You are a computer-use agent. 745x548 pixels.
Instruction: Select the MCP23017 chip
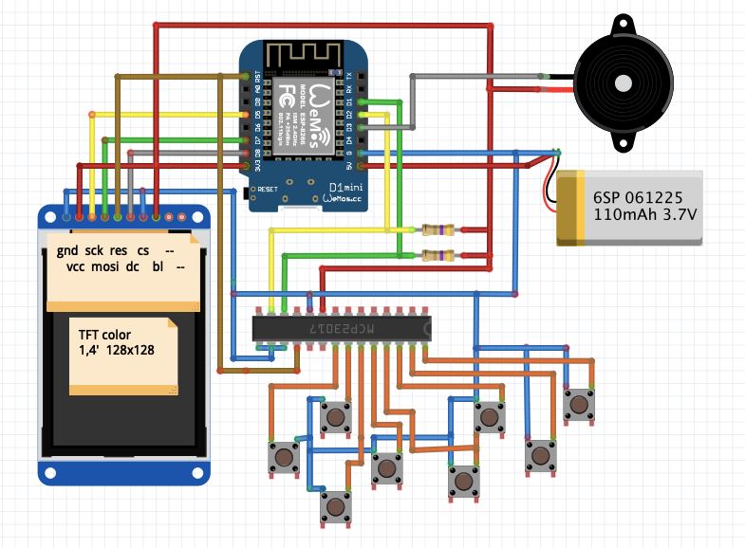[342, 328]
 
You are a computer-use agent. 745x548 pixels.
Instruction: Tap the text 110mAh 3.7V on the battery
[644, 216]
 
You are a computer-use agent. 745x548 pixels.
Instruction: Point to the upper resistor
[438, 229]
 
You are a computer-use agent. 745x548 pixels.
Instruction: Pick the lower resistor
[438, 255]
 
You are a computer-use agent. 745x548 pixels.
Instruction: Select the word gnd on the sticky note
[66, 250]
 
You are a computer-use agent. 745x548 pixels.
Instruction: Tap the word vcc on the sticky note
[76, 267]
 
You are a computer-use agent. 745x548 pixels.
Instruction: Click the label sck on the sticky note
[93, 250]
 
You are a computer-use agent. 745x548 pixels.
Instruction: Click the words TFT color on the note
[105, 335]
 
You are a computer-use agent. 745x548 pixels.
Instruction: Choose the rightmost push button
[578, 405]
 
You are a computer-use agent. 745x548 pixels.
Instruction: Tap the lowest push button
[334, 506]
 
